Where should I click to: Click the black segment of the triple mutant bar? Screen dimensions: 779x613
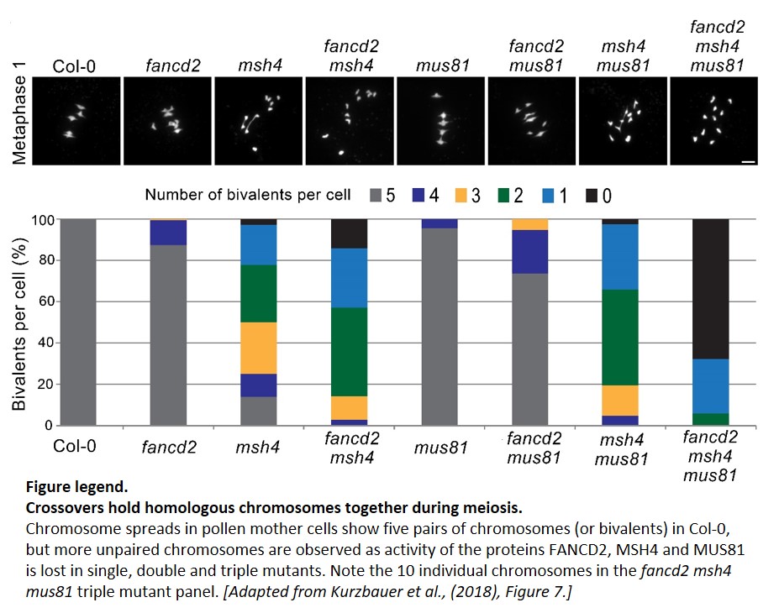point(710,289)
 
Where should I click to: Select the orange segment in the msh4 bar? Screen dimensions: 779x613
point(258,348)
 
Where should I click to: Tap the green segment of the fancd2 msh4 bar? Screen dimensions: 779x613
point(350,352)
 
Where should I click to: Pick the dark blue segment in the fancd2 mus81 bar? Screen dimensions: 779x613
point(530,252)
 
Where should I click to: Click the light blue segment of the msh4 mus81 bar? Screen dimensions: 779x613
point(620,257)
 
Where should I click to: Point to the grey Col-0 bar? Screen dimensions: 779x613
point(77,322)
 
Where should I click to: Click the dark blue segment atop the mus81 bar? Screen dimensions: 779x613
point(440,224)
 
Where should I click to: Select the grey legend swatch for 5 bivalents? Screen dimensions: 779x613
point(376,195)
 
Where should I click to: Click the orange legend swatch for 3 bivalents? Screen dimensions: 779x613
point(461,195)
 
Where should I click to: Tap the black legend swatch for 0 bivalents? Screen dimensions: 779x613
point(592,196)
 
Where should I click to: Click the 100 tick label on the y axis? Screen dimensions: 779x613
point(42,219)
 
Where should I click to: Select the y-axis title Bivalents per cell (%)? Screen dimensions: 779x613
point(18,324)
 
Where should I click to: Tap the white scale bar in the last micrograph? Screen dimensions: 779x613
point(748,161)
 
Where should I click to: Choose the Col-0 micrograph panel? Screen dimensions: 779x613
point(76,121)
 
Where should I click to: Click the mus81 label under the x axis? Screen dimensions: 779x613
point(441,448)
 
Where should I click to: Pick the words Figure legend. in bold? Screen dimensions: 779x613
point(77,487)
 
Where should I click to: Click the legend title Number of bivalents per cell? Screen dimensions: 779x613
point(248,195)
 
